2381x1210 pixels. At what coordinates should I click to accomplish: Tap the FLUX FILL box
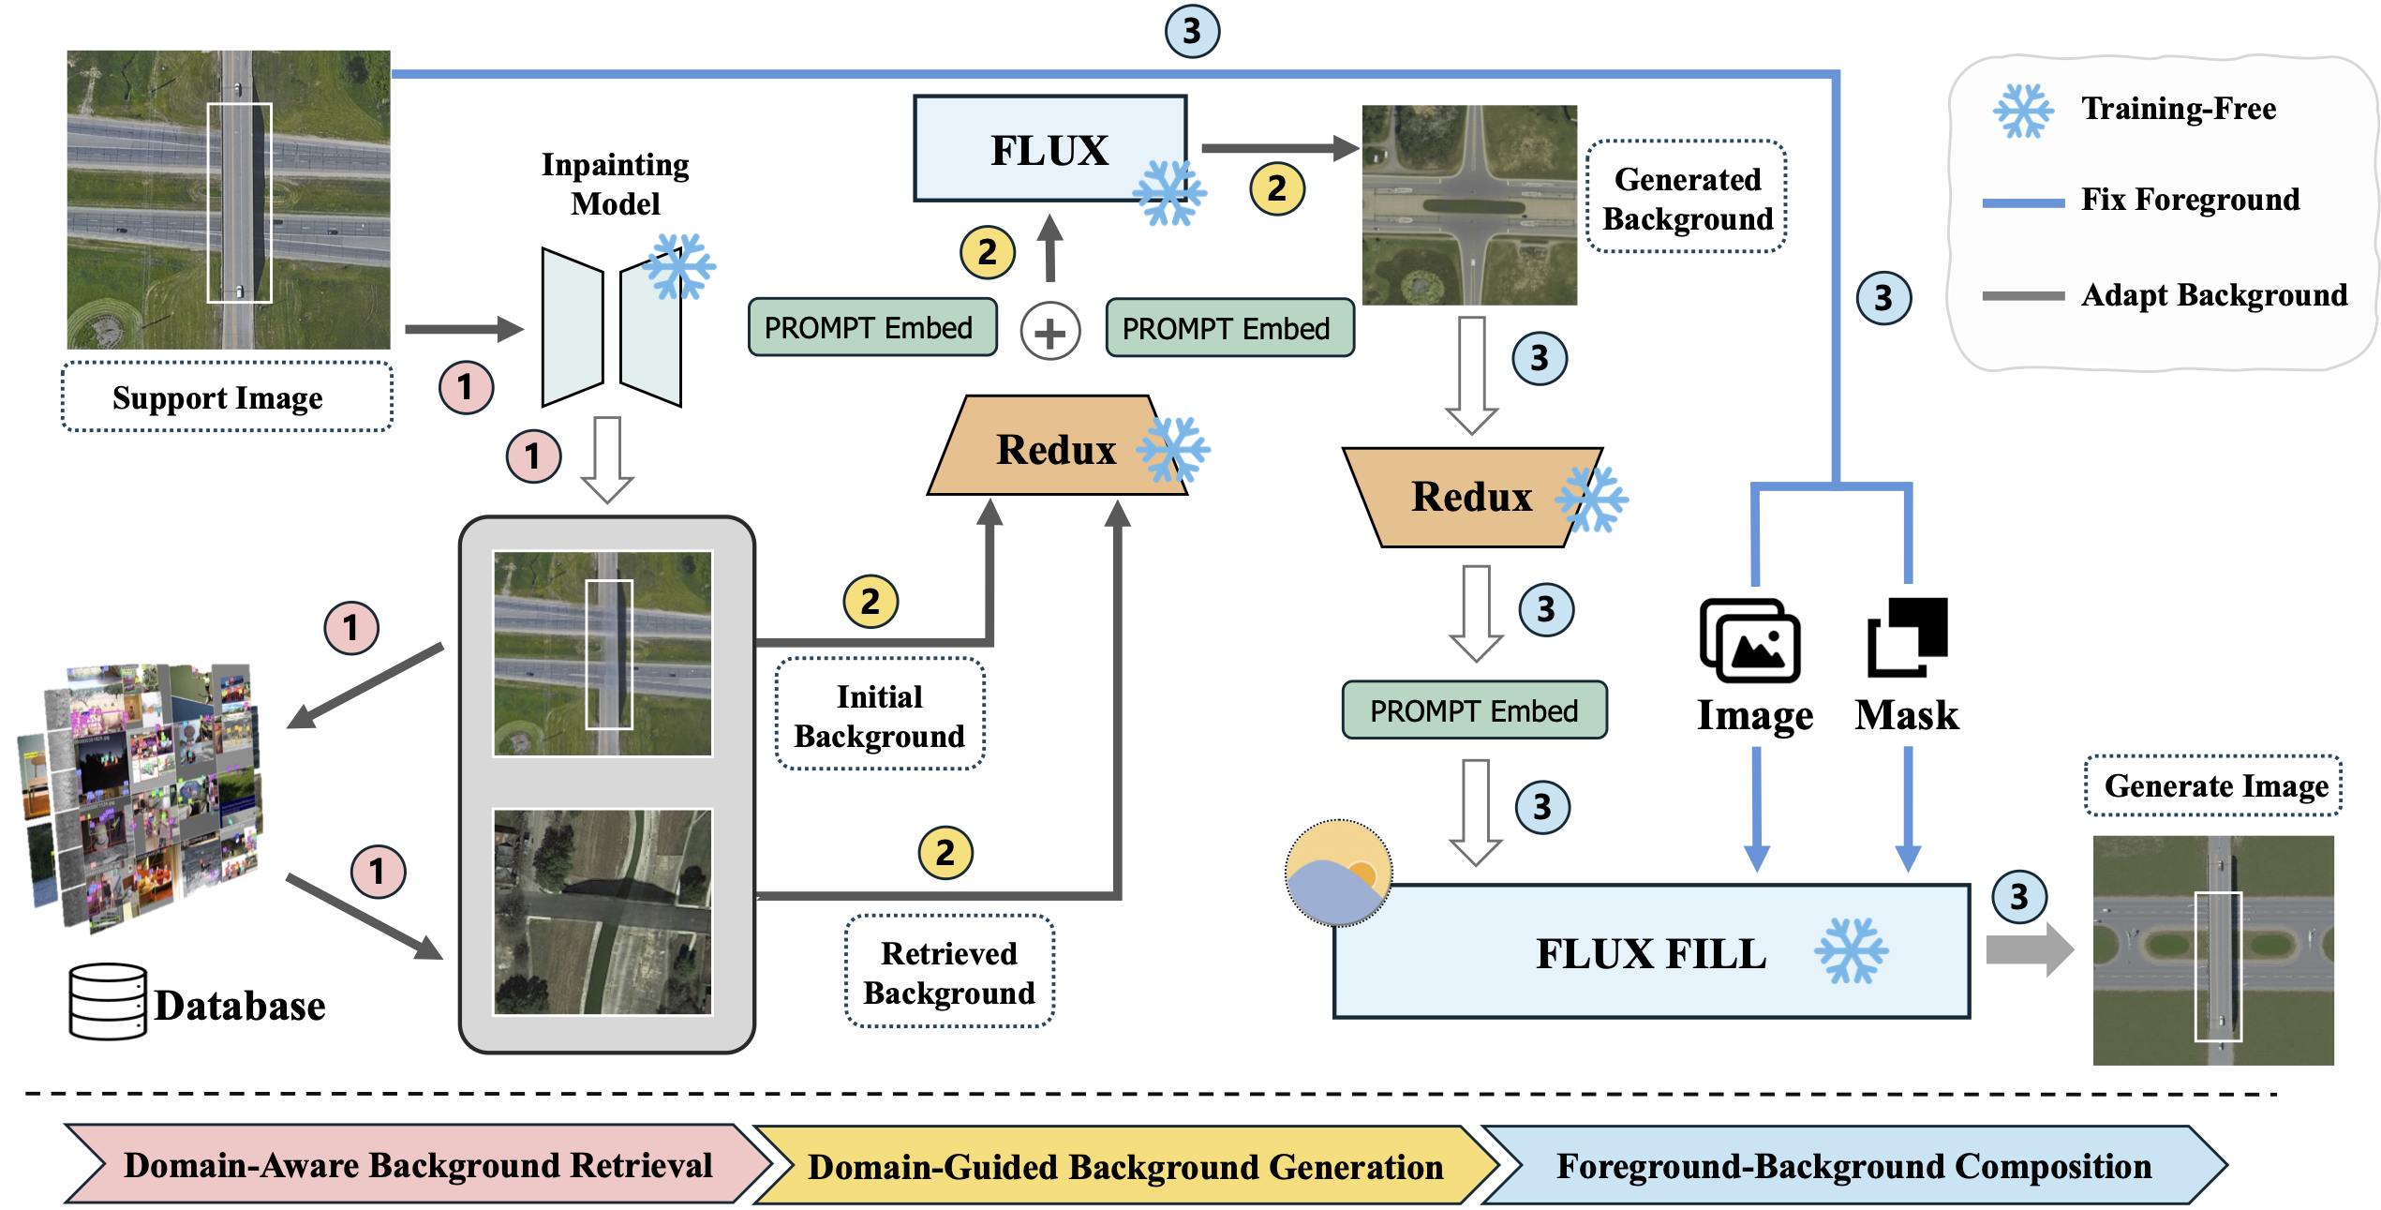1650,952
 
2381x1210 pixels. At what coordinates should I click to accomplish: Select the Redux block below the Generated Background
1472,497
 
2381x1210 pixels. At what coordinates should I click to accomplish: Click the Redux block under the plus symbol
1056,448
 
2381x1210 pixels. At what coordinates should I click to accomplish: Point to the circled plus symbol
1049,331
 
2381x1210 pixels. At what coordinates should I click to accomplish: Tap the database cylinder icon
108,1002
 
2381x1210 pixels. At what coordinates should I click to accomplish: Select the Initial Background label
879,715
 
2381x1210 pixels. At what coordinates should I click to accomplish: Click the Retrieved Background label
948,972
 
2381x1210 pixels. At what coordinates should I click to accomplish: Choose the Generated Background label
1687,198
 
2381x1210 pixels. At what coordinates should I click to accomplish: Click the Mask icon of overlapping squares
1907,637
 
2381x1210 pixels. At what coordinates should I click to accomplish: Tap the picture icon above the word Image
1749,641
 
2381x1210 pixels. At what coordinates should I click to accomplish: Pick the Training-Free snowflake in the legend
2022,111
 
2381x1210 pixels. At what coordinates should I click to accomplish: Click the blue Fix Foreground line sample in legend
2022,202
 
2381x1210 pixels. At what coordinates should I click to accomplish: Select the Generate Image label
2215,785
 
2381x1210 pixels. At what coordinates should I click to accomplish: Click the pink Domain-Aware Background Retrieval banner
417,1165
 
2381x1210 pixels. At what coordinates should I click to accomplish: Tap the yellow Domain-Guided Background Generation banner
1124,1167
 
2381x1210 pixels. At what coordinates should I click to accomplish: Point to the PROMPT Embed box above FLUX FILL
1473,710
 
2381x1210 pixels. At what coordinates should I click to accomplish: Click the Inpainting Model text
615,184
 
